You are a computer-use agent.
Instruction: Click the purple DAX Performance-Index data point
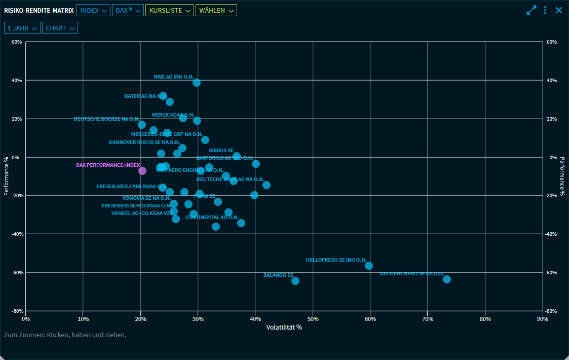click(x=142, y=171)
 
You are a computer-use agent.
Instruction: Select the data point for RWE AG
click(x=197, y=83)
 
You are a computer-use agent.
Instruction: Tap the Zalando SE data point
click(x=295, y=281)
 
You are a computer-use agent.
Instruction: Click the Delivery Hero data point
click(x=447, y=279)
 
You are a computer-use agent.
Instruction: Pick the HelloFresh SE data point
click(x=369, y=266)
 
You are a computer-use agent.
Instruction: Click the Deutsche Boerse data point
click(x=142, y=125)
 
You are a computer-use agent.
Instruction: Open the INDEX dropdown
click(x=93, y=10)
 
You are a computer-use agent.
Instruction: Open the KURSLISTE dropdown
click(x=169, y=10)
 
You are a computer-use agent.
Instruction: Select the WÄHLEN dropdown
click(x=216, y=10)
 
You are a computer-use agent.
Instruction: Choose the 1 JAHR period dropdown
click(x=22, y=28)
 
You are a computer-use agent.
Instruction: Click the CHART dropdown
click(x=60, y=28)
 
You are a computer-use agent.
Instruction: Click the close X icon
click(x=559, y=10)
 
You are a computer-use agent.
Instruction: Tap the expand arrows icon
click(x=532, y=10)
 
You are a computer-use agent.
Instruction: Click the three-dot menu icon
click(x=545, y=10)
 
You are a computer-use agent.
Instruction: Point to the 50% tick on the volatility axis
click(x=313, y=319)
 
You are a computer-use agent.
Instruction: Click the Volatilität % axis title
click(x=284, y=328)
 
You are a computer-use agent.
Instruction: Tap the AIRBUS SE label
click(x=221, y=151)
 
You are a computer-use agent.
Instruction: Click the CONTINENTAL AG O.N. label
click(x=212, y=218)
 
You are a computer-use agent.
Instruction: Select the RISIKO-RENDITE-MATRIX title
click(x=39, y=10)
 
